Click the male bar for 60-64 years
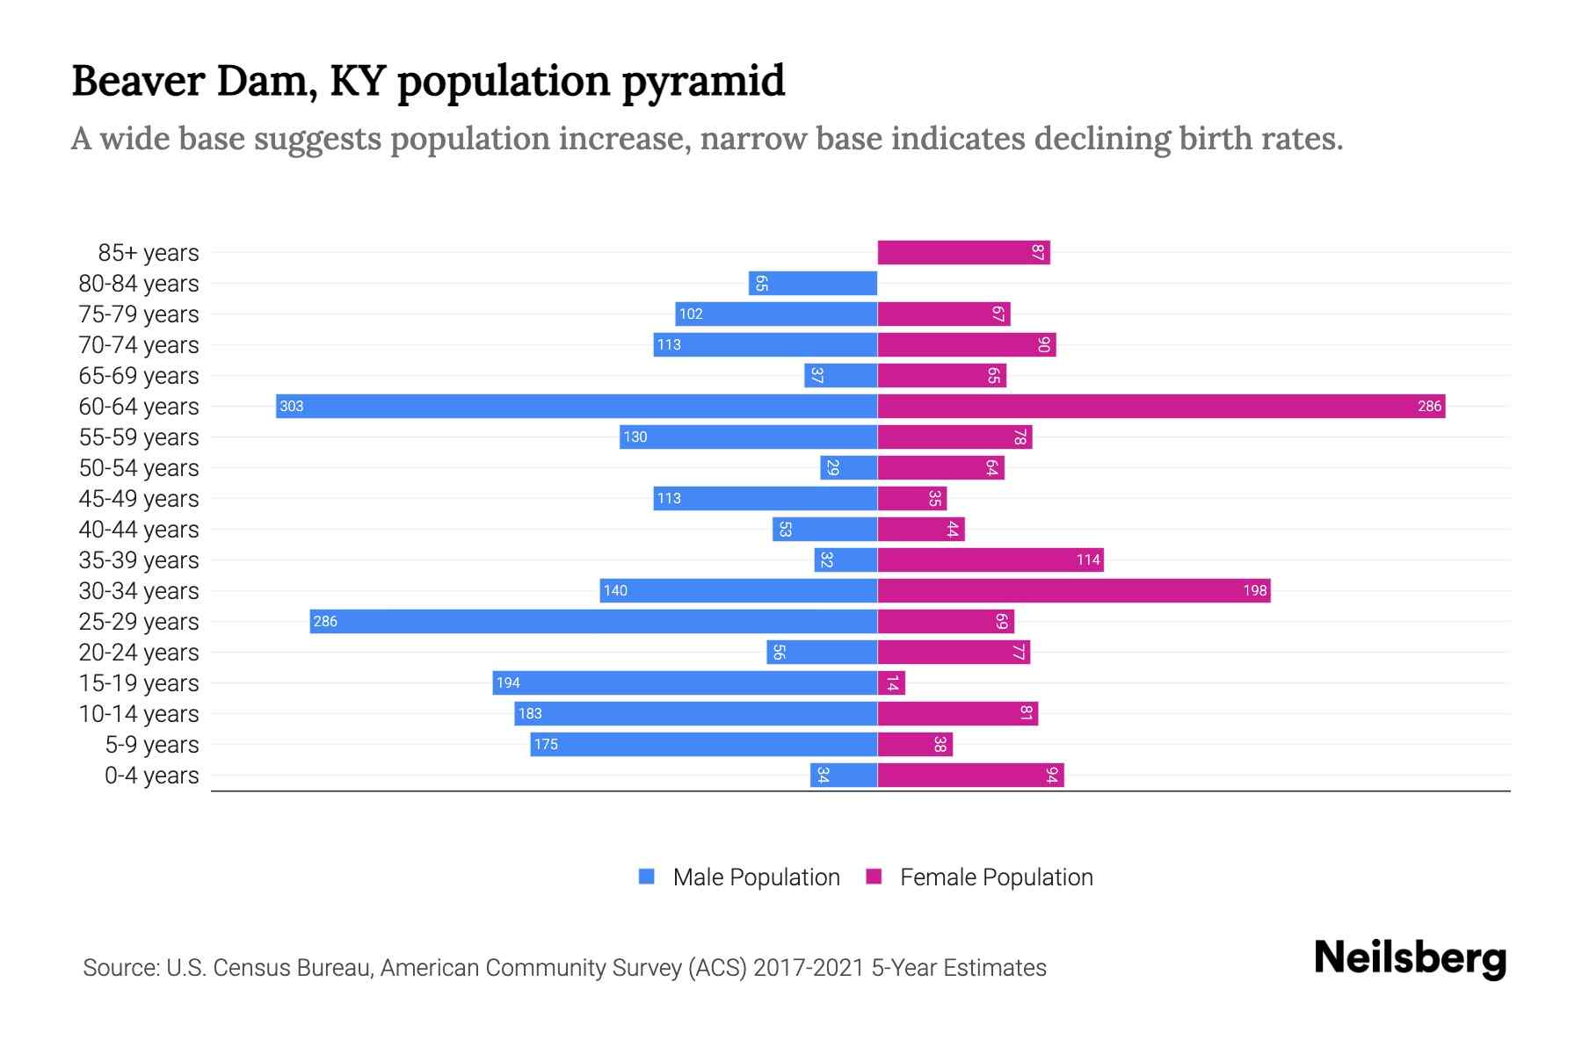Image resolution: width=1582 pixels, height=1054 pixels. click(x=577, y=406)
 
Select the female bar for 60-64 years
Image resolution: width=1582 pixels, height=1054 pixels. click(x=1160, y=406)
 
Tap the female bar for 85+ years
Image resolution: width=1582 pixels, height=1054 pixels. click(x=963, y=253)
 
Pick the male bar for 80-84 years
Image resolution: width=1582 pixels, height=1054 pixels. click(x=813, y=284)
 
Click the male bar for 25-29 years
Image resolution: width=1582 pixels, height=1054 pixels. click(x=593, y=621)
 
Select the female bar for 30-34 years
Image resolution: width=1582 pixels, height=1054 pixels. click(x=1074, y=590)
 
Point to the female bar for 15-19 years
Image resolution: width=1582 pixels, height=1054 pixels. click(x=891, y=682)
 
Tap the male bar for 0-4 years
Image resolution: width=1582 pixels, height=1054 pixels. click(x=844, y=775)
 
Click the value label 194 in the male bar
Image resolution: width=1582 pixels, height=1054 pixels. click(x=508, y=682)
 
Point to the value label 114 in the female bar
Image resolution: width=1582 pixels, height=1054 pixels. click(x=1088, y=559)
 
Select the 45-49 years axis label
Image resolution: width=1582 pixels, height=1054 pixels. click(x=139, y=499)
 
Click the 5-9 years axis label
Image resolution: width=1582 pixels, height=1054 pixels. click(x=152, y=745)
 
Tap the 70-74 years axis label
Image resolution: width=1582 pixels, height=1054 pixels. click(x=139, y=345)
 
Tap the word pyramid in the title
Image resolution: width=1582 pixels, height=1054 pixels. click(x=703, y=82)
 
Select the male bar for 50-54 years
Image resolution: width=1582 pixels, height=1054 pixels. click(x=848, y=467)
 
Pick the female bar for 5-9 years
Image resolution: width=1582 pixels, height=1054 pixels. click(x=914, y=744)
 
